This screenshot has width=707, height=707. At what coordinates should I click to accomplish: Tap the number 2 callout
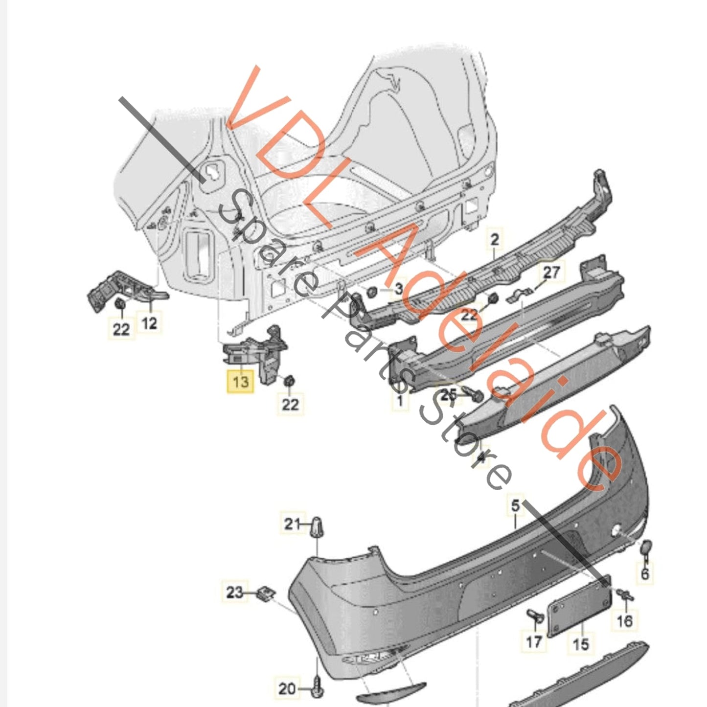click(x=495, y=240)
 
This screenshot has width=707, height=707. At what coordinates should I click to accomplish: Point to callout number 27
click(x=551, y=272)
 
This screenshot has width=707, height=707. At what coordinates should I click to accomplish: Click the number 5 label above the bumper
click(x=516, y=505)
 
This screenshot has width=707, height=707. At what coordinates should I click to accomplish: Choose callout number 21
click(x=292, y=524)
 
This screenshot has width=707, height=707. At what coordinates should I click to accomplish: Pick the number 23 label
click(x=235, y=593)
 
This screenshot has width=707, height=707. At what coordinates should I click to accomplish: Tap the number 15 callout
click(x=580, y=643)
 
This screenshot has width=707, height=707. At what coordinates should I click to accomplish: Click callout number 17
click(x=534, y=640)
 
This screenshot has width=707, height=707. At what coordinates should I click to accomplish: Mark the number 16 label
click(x=624, y=620)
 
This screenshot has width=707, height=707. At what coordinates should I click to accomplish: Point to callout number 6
click(x=645, y=573)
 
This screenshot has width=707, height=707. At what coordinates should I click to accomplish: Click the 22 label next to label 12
click(x=121, y=329)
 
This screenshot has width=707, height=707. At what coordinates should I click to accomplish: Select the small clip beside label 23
click(x=266, y=593)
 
